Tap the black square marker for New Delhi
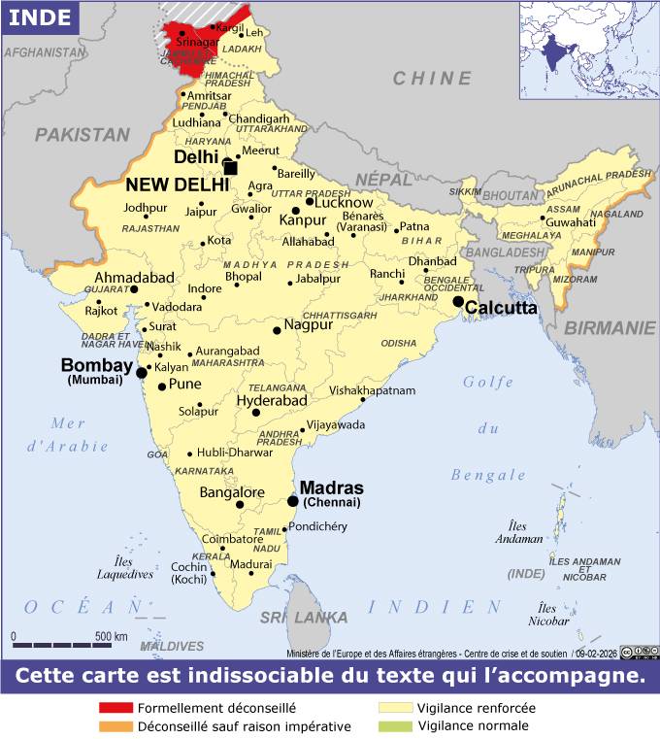click(230, 167)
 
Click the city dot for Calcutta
click(458, 302)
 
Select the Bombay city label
click(96, 366)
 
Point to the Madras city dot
click(293, 501)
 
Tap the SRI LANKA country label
click(303, 618)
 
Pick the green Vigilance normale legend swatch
click(392, 725)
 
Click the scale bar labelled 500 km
click(63, 644)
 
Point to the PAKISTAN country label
click(82, 135)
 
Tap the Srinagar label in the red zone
click(197, 43)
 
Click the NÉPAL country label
click(383, 180)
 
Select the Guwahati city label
click(570, 222)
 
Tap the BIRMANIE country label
click(610, 328)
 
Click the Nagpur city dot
click(277, 330)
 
